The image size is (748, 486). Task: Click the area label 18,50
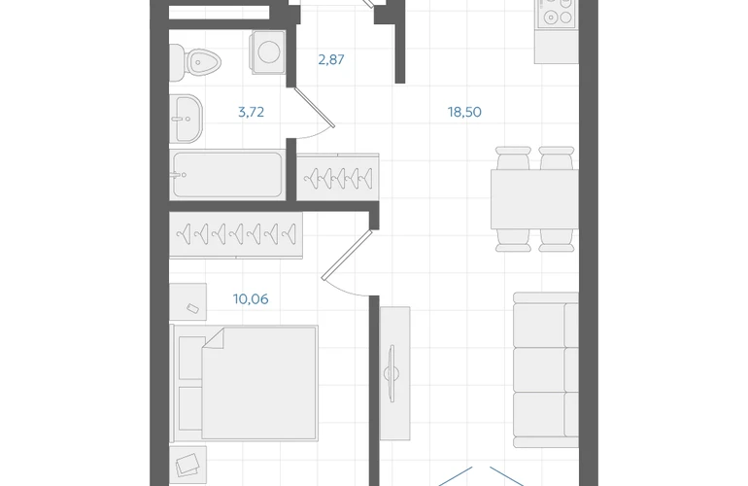(x=464, y=112)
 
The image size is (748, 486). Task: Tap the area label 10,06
(x=251, y=299)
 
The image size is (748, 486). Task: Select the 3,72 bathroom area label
(x=251, y=112)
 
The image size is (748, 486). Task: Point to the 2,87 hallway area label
(x=331, y=59)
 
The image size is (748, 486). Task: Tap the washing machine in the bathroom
(x=268, y=52)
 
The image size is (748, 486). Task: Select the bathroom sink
(x=187, y=119)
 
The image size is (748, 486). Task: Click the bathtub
(x=227, y=175)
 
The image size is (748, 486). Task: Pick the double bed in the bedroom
(x=244, y=383)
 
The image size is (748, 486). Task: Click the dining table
(x=534, y=198)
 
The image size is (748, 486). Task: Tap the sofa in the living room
(x=546, y=370)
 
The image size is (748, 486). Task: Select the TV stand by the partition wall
(x=394, y=373)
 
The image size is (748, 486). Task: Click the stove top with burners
(x=557, y=13)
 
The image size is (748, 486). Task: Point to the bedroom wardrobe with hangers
(x=236, y=235)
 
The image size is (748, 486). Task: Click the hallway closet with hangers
(x=338, y=177)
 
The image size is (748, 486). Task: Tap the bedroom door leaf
(x=347, y=255)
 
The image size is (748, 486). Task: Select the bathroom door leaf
(x=315, y=108)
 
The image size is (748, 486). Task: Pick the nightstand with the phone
(x=187, y=301)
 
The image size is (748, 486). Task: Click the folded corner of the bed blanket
(x=214, y=338)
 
